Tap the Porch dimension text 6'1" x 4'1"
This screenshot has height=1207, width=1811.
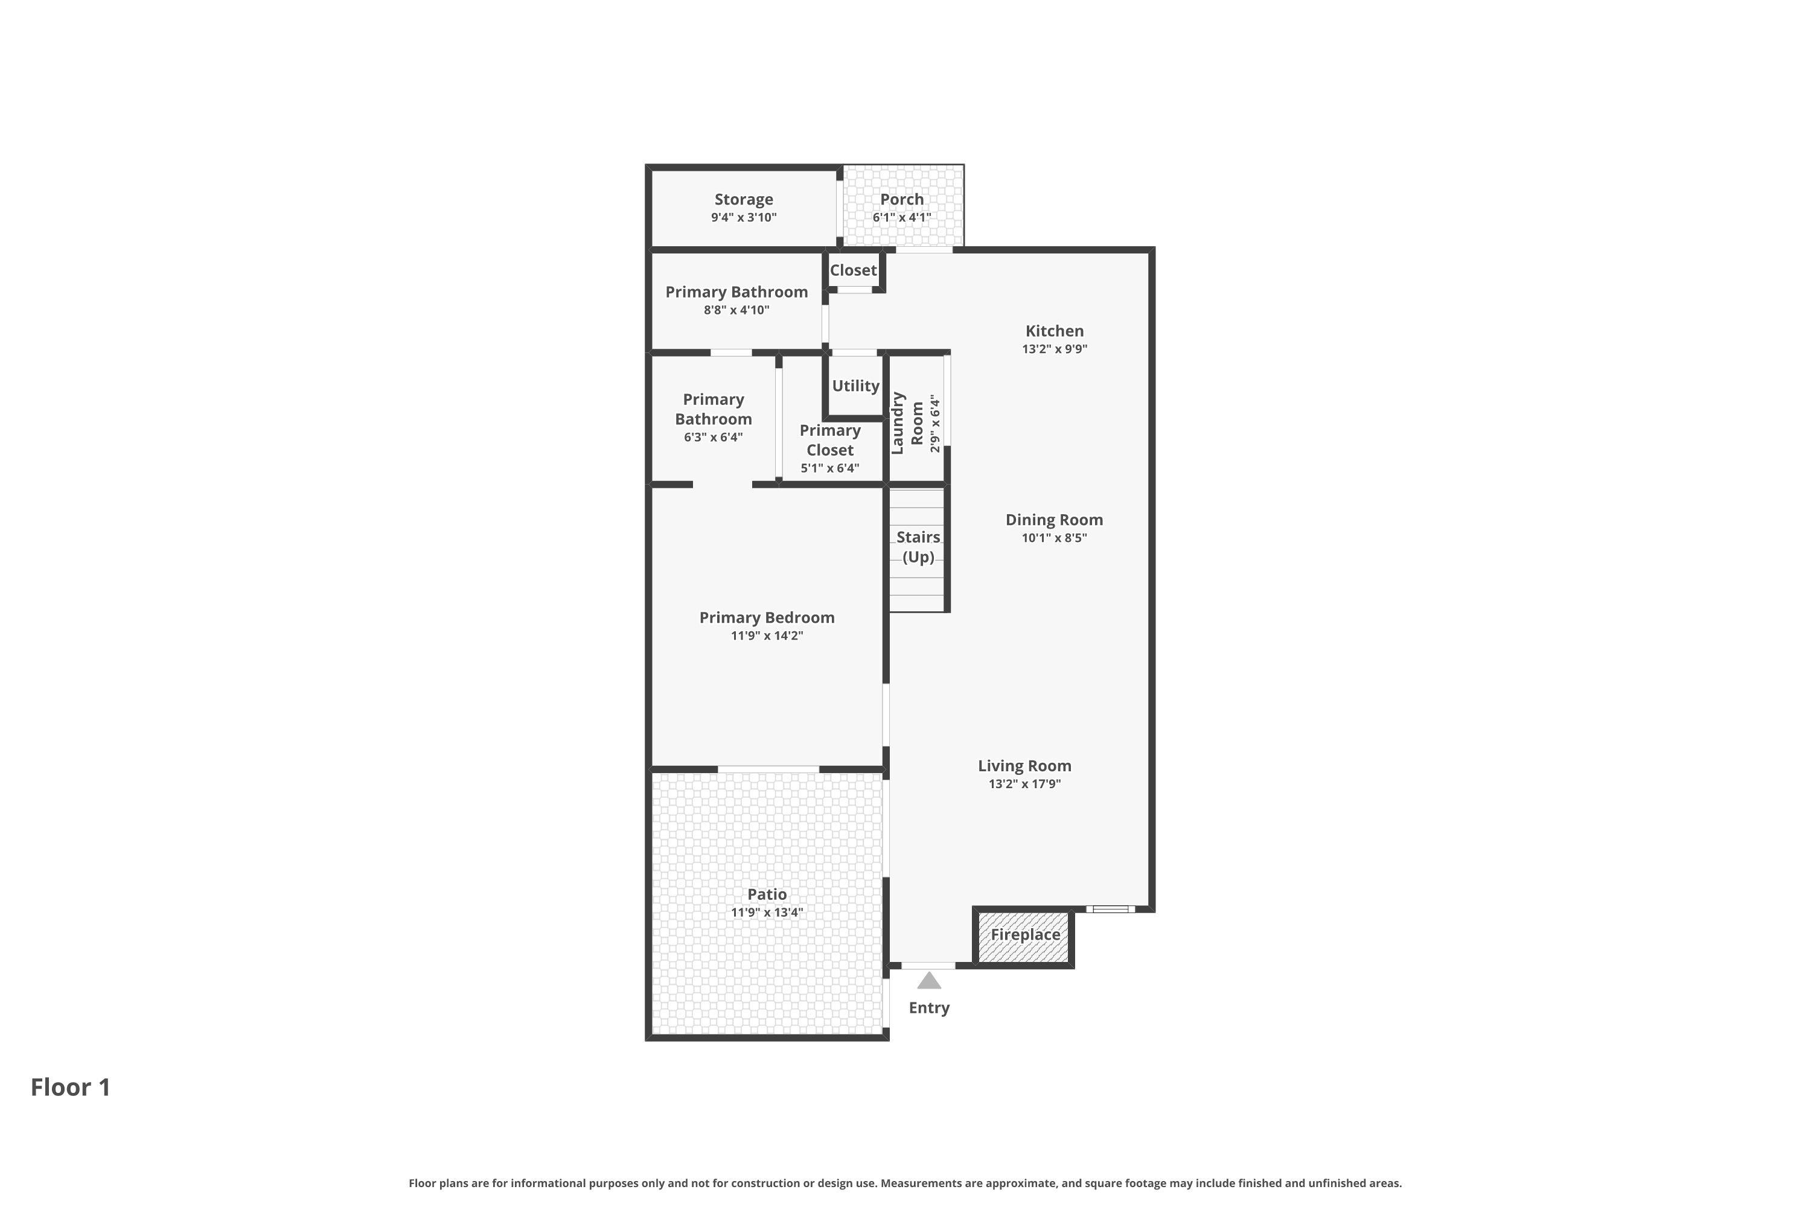902,218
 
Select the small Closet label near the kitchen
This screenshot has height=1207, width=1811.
853,270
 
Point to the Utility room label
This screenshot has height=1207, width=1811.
855,386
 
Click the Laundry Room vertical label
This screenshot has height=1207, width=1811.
906,424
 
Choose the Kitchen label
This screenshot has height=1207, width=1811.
1054,331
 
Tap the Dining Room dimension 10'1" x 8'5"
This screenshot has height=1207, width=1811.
1054,538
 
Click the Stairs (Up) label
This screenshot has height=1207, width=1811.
918,547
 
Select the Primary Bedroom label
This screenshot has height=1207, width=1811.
767,617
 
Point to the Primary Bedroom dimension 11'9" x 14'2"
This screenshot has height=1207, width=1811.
767,636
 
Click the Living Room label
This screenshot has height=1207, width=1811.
1025,766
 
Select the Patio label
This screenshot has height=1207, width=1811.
767,894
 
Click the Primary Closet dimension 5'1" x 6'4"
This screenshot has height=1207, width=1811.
830,468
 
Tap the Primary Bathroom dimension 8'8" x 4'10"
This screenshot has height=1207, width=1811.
737,310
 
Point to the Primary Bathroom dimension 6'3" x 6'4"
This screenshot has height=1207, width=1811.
713,437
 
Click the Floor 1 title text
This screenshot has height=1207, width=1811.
71,1088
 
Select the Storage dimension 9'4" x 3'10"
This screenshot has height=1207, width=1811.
744,218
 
